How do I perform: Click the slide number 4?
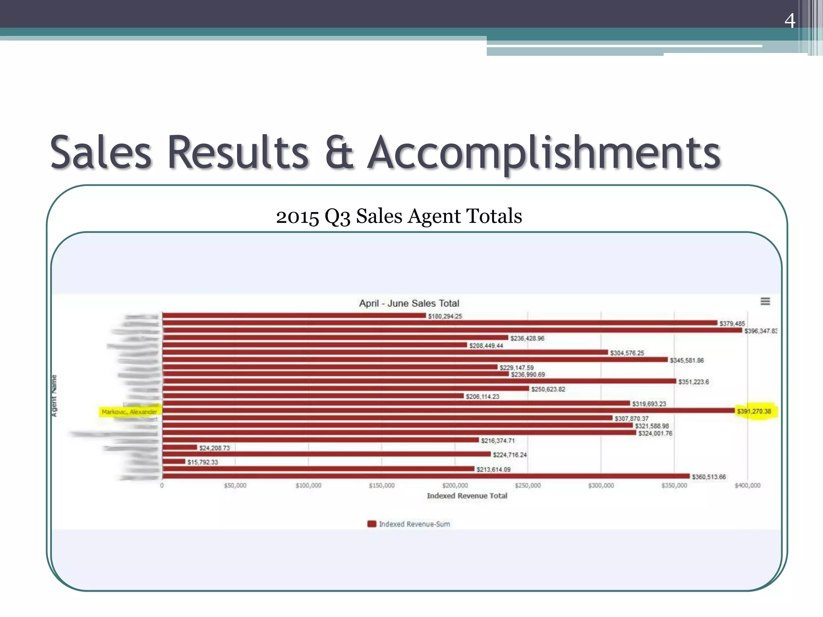pyautogui.click(x=790, y=20)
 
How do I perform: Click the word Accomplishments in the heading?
pyautogui.click(x=544, y=153)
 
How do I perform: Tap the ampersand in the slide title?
pyautogui.click(x=339, y=153)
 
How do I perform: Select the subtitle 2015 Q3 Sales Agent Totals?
pyautogui.click(x=399, y=216)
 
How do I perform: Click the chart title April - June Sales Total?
pyautogui.click(x=409, y=303)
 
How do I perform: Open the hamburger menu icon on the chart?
pyautogui.click(x=765, y=301)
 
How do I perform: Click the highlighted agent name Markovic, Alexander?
pyautogui.click(x=129, y=412)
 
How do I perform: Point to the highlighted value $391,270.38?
pyautogui.click(x=754, y=411)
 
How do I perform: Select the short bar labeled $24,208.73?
pyautogui.click(x=180, y=447)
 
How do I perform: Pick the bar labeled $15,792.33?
pyautogui.click(x=174, y=462)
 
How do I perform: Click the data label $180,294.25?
pyautogui.click(x=445, y=316)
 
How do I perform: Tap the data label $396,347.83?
pyautogui.click(x=760, y=331)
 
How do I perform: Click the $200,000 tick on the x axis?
pyautogui.click(x=455, y=486)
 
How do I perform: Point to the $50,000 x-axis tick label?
pyautogui.click(x=235, y=486)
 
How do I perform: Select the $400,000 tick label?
pyautogui.click(x=747, y=486)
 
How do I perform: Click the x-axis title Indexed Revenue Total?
pyautogui.click(x=467, y=496)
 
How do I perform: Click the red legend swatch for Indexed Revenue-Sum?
pyautogui.click(x=372, y=524)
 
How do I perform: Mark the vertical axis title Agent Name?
pyautogui.click(x=54, y=396)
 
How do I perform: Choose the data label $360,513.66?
pyautogui.click(x=708, y=477)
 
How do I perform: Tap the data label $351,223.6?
pyautogui.click(x=694, y=382)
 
